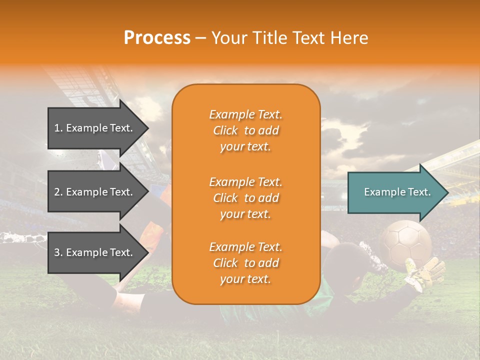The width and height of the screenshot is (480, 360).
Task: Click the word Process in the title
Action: tap(157, 38)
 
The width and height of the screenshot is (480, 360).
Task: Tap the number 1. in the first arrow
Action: tap(58, 128)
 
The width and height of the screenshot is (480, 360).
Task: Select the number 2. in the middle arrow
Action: tap(58, 192)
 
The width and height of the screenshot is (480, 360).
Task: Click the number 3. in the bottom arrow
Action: tap(58, 252)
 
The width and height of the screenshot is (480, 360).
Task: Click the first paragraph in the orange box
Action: tap(245, 130)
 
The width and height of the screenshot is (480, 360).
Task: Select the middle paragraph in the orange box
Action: tap(245, 198)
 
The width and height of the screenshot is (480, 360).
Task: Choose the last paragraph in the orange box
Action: tap(245, 263)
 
